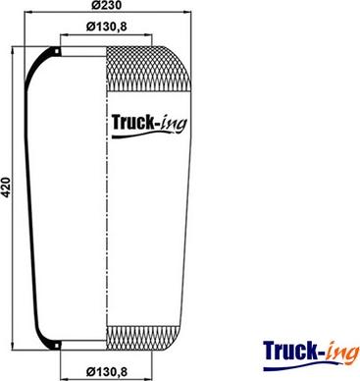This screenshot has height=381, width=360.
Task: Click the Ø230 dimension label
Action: pyautogui.click(x=106, y=5)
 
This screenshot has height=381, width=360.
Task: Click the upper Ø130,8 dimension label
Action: pyautogui.click(x=106, y=27)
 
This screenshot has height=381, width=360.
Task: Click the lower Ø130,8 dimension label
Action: pyautogui.click(x=106, y=371)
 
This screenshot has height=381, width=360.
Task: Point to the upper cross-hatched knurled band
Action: pyautogui.click(x=149, y=68)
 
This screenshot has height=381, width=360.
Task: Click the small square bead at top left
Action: pyautogui.click(x=57, y=51)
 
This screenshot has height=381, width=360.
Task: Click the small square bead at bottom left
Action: pyautogui.click(x=57, y=346)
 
